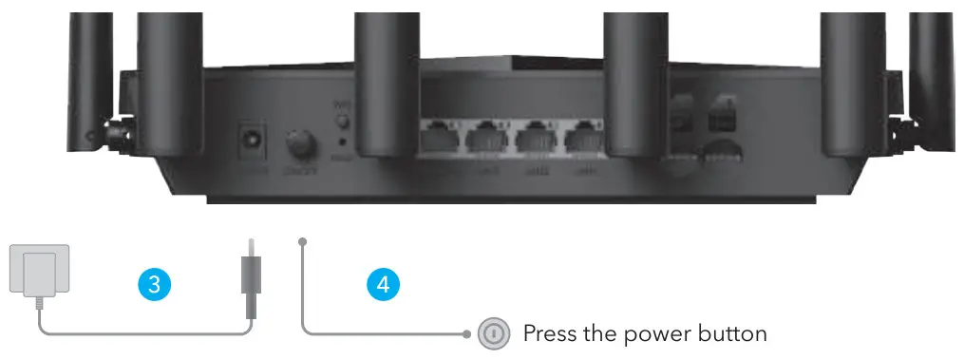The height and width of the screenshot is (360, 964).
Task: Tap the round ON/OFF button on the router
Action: coord(303,144)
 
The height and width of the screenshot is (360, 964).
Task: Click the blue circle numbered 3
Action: coord(154,283)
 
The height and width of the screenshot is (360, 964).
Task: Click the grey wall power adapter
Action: coord(34,272)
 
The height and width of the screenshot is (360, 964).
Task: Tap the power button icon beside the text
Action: coord(492,333)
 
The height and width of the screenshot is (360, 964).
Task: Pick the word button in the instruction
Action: coord(731,334)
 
